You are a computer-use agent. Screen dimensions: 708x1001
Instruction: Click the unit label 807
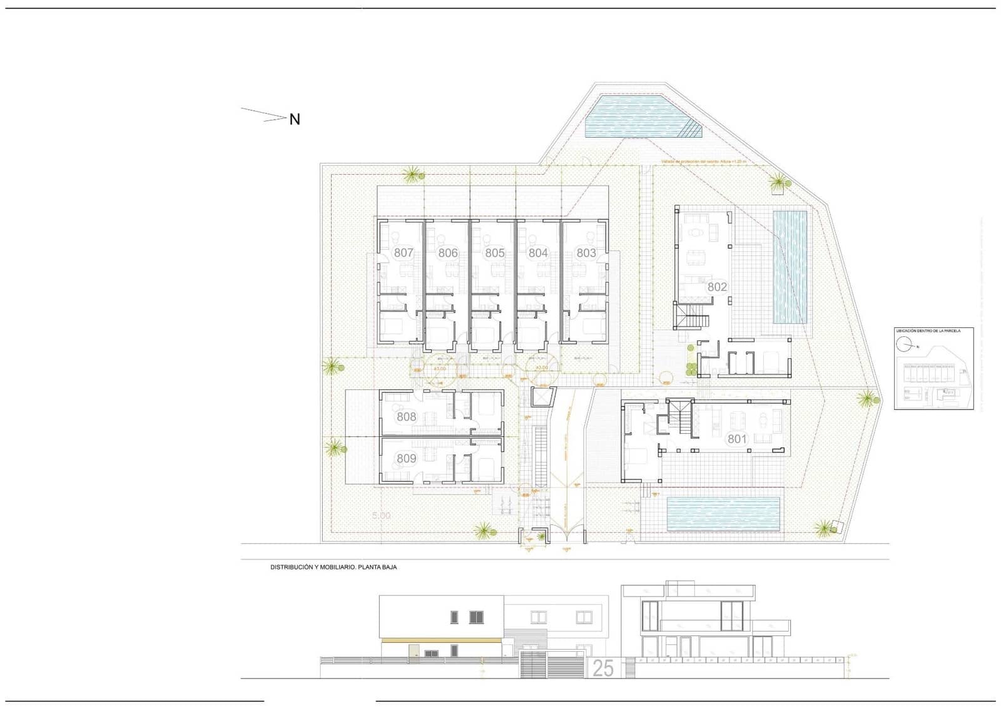[x=404, y=253]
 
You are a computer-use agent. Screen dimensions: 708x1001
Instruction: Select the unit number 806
[x=448, y=253]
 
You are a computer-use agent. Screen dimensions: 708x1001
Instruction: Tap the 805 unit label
[x=494, y=253]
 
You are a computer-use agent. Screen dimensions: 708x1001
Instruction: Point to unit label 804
[x=538, y=253]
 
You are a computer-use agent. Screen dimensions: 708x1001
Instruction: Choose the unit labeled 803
[x=586, y=253]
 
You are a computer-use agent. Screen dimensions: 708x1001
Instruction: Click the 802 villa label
[x=717, y=287]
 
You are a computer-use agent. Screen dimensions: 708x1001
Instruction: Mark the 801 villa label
[x=737, y=439]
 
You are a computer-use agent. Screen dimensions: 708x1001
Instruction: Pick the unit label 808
[x=406, y=417]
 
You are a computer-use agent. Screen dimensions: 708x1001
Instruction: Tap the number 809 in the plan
[x=406, y=459]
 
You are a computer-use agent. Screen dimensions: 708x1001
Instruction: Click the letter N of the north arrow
[x=295, y=119]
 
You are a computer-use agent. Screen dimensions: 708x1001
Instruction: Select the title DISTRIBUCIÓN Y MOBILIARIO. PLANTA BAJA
[x=333, y=567]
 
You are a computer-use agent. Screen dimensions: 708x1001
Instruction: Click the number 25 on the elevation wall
[x=602, y=669]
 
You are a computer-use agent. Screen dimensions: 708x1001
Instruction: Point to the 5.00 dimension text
[x=381, y=516]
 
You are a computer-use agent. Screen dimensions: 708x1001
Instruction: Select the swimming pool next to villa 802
[x=790, y=267]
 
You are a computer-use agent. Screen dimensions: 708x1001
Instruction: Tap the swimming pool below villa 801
[x=724, y=512]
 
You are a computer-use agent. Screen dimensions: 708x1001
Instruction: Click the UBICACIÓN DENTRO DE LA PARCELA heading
[x=928, y=331]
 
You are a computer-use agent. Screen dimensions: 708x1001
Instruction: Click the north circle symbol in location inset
[x=904, y=344]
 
